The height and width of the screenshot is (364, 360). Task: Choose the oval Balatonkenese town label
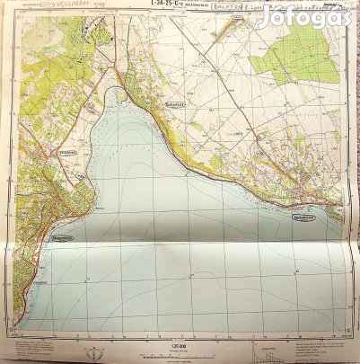coord(307,218)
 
